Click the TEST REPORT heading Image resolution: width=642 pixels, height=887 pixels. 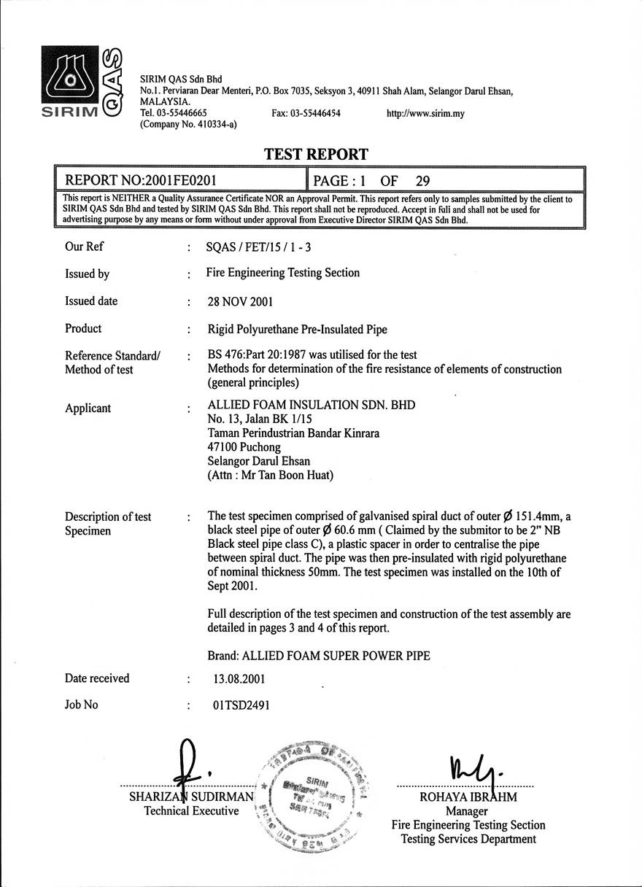coord(316,154)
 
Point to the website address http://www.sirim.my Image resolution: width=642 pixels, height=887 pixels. coord(425,114)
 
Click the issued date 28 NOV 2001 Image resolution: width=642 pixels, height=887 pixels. coord(240,301)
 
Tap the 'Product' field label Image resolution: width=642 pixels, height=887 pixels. coord(83,328)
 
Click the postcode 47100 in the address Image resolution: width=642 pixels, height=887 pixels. coord(223,447)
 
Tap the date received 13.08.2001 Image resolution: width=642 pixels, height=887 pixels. coord(239,678)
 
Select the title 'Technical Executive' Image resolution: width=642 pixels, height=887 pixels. coord(191,811)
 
